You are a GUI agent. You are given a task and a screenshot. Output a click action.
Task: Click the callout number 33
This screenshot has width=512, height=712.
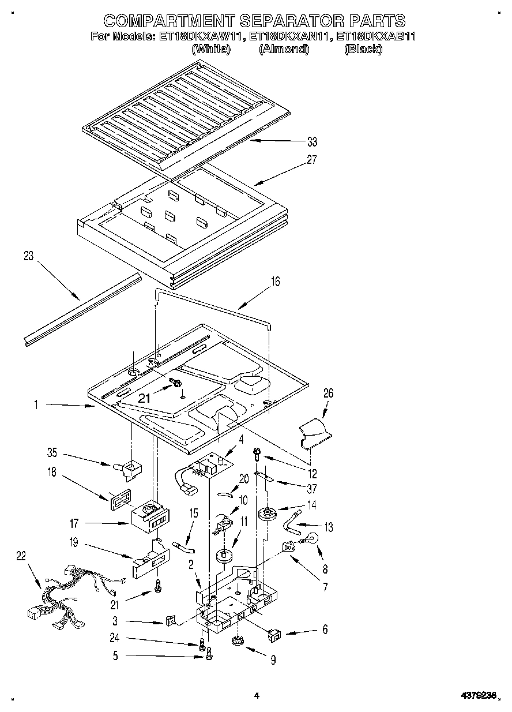pos(312,141)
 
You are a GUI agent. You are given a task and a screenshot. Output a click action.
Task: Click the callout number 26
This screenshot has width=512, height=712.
pos(328,394)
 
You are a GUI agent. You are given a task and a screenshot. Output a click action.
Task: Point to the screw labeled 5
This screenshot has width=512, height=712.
pos(209,654)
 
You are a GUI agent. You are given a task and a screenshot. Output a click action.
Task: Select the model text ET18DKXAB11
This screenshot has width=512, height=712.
pos(375,36)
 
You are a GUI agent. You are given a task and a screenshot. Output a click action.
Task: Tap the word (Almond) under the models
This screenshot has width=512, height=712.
pos(284,50)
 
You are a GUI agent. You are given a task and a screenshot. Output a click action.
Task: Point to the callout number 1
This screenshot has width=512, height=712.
pos(36,405)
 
